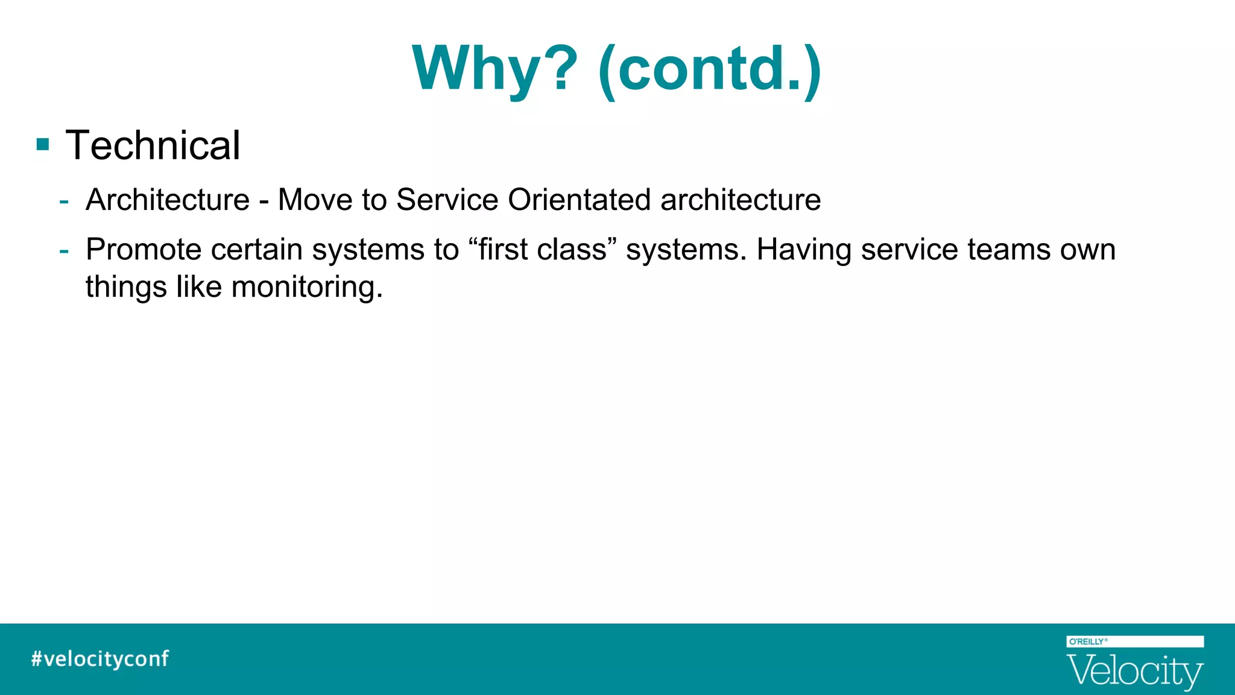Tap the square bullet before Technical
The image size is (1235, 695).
(x=43, y=145)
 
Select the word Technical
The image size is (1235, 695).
(x=153, y=145)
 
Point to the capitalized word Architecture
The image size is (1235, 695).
(x=168, y=200)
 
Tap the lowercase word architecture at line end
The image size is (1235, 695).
(x=741, y=200)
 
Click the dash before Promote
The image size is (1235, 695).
(x=64, y=249)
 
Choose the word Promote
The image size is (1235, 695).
(x=144, y=249)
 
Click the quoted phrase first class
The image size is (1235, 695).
(x=542, y=249)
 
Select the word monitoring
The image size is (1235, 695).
(x=307, y=287)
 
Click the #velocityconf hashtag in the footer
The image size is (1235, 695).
(x=100, y=658)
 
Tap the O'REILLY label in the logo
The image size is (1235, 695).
(x=1087, y=641)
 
